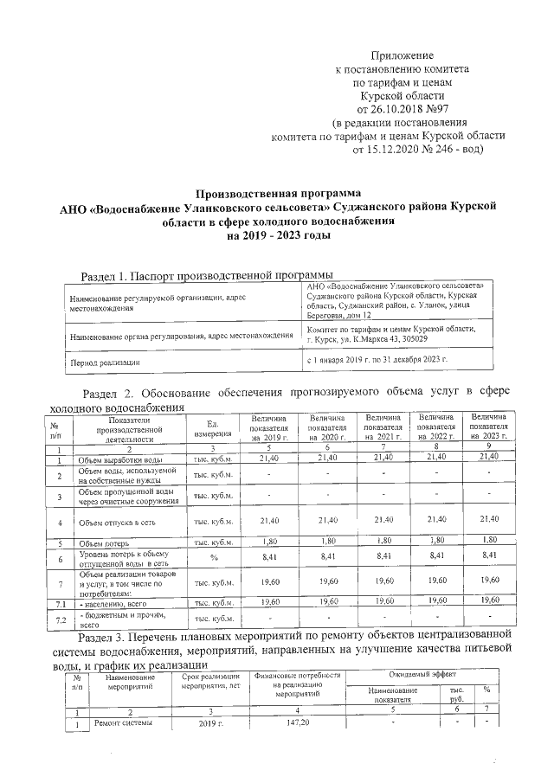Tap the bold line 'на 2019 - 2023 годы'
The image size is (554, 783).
277,234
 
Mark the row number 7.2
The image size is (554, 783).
57,619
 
